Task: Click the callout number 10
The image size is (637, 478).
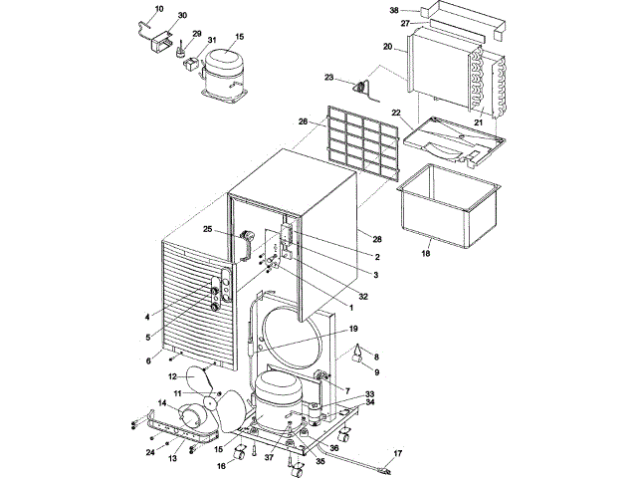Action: [159, 9]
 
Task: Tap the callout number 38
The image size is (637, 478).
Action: [394, 11]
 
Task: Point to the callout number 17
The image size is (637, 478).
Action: [398, 453]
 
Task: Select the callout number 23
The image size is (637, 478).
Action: [328, 77]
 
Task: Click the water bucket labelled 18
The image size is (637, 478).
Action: [449, 206]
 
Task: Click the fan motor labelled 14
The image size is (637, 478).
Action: [190, 416]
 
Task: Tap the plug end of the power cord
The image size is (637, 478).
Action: [383, 471]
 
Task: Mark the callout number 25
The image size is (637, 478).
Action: [208, 229]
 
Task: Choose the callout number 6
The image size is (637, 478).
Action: [148, 360]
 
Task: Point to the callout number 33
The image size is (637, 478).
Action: [369, 394]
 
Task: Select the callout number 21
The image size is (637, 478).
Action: [478, 122]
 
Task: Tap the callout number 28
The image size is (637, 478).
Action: [377, 239]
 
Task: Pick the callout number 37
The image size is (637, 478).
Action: [269, 458]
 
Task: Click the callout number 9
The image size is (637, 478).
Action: [376, 371]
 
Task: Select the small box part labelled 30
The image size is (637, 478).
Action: [161, 42]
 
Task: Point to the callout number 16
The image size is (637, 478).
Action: [221, 466]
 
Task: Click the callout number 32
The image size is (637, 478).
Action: [362, 297]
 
